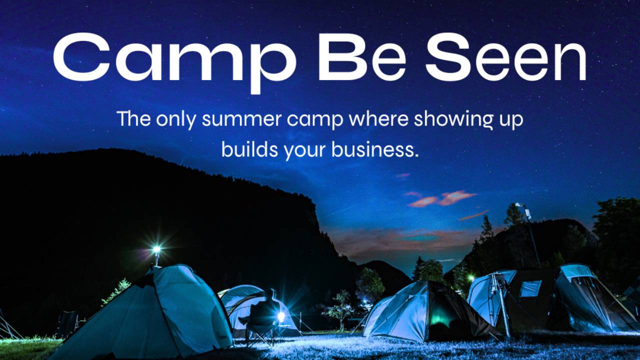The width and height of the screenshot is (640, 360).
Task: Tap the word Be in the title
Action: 361,57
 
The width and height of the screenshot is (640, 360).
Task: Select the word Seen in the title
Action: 506,57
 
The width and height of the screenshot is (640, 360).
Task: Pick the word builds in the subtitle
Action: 249,149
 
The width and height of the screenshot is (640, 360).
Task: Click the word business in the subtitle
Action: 375,149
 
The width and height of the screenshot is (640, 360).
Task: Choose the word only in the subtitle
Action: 176,120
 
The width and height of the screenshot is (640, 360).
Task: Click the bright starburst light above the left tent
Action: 156,249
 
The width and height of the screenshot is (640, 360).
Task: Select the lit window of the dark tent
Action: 530,288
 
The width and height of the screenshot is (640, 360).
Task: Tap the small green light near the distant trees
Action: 470,277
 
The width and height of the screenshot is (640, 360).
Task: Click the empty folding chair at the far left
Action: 67,324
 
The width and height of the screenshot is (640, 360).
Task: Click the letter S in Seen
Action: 447,57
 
